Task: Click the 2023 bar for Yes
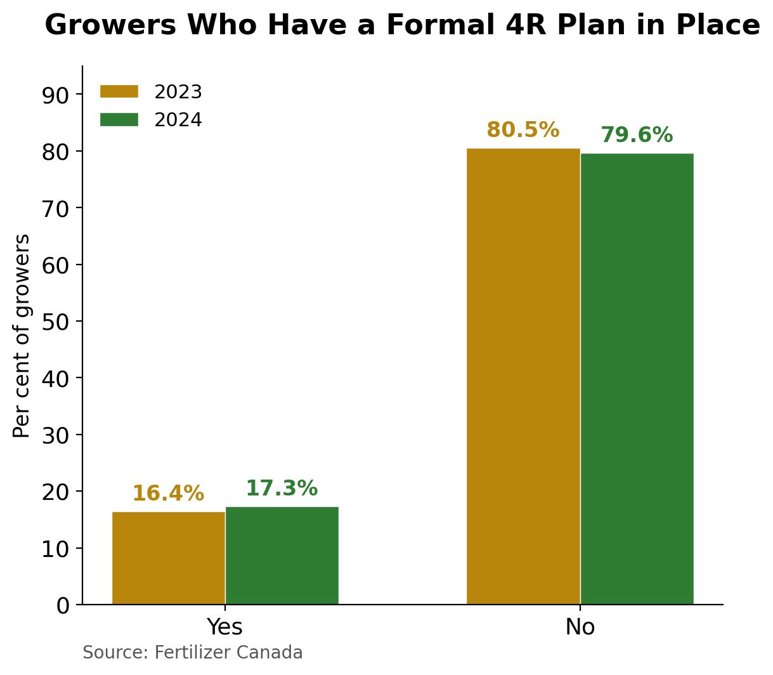[169, 558]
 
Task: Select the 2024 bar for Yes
[282, 555]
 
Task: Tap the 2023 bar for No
[523, 376]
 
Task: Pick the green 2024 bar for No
[637, 379]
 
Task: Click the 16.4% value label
[168, 494]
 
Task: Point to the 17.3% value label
[282, 488]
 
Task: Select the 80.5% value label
[523, 130]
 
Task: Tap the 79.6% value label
[636, 135]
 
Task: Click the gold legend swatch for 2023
[119, 92]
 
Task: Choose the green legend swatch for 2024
[119, 120]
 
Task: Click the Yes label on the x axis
[225, 627]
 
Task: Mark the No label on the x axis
[580, 627]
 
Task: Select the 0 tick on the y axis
[62, 605]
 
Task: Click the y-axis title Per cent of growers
[22, 336]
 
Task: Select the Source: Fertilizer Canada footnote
[193, 653]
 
